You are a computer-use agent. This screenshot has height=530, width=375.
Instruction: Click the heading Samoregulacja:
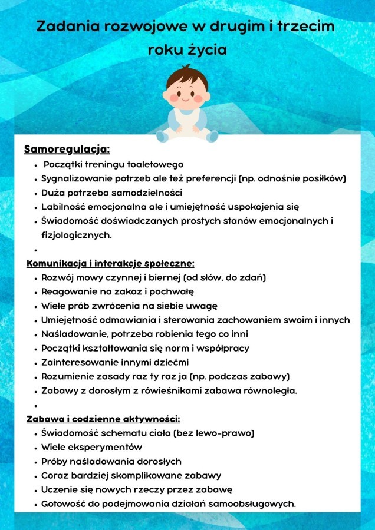67,149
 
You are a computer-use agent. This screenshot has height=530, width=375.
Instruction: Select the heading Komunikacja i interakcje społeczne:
110,263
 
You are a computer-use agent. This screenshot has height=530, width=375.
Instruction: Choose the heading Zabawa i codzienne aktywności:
103,419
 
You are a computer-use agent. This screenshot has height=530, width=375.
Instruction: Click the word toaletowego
153,164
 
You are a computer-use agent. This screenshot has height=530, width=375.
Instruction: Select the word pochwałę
173,291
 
